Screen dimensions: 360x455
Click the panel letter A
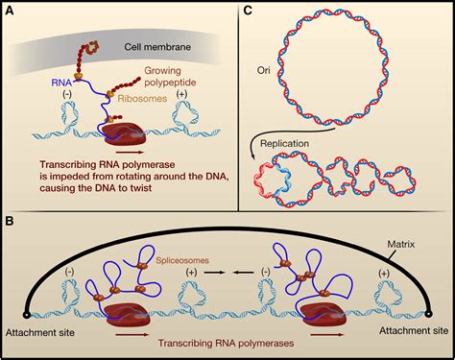[12, 12]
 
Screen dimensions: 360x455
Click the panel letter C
[247, 12]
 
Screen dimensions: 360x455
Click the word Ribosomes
[140, 98]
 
